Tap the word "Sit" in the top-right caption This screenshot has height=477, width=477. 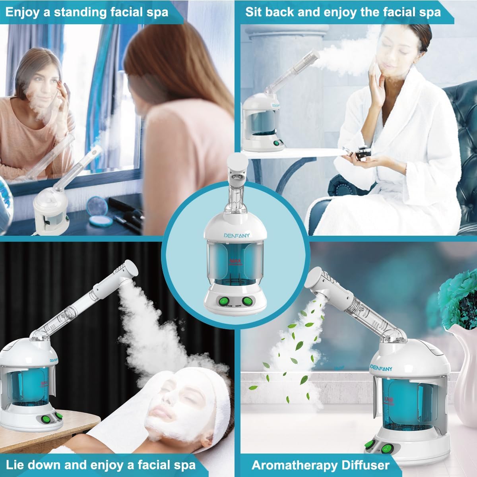coord(254,12)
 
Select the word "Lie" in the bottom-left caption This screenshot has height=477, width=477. coord(16,465)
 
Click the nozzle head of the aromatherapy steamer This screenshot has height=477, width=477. coord(317,283)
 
